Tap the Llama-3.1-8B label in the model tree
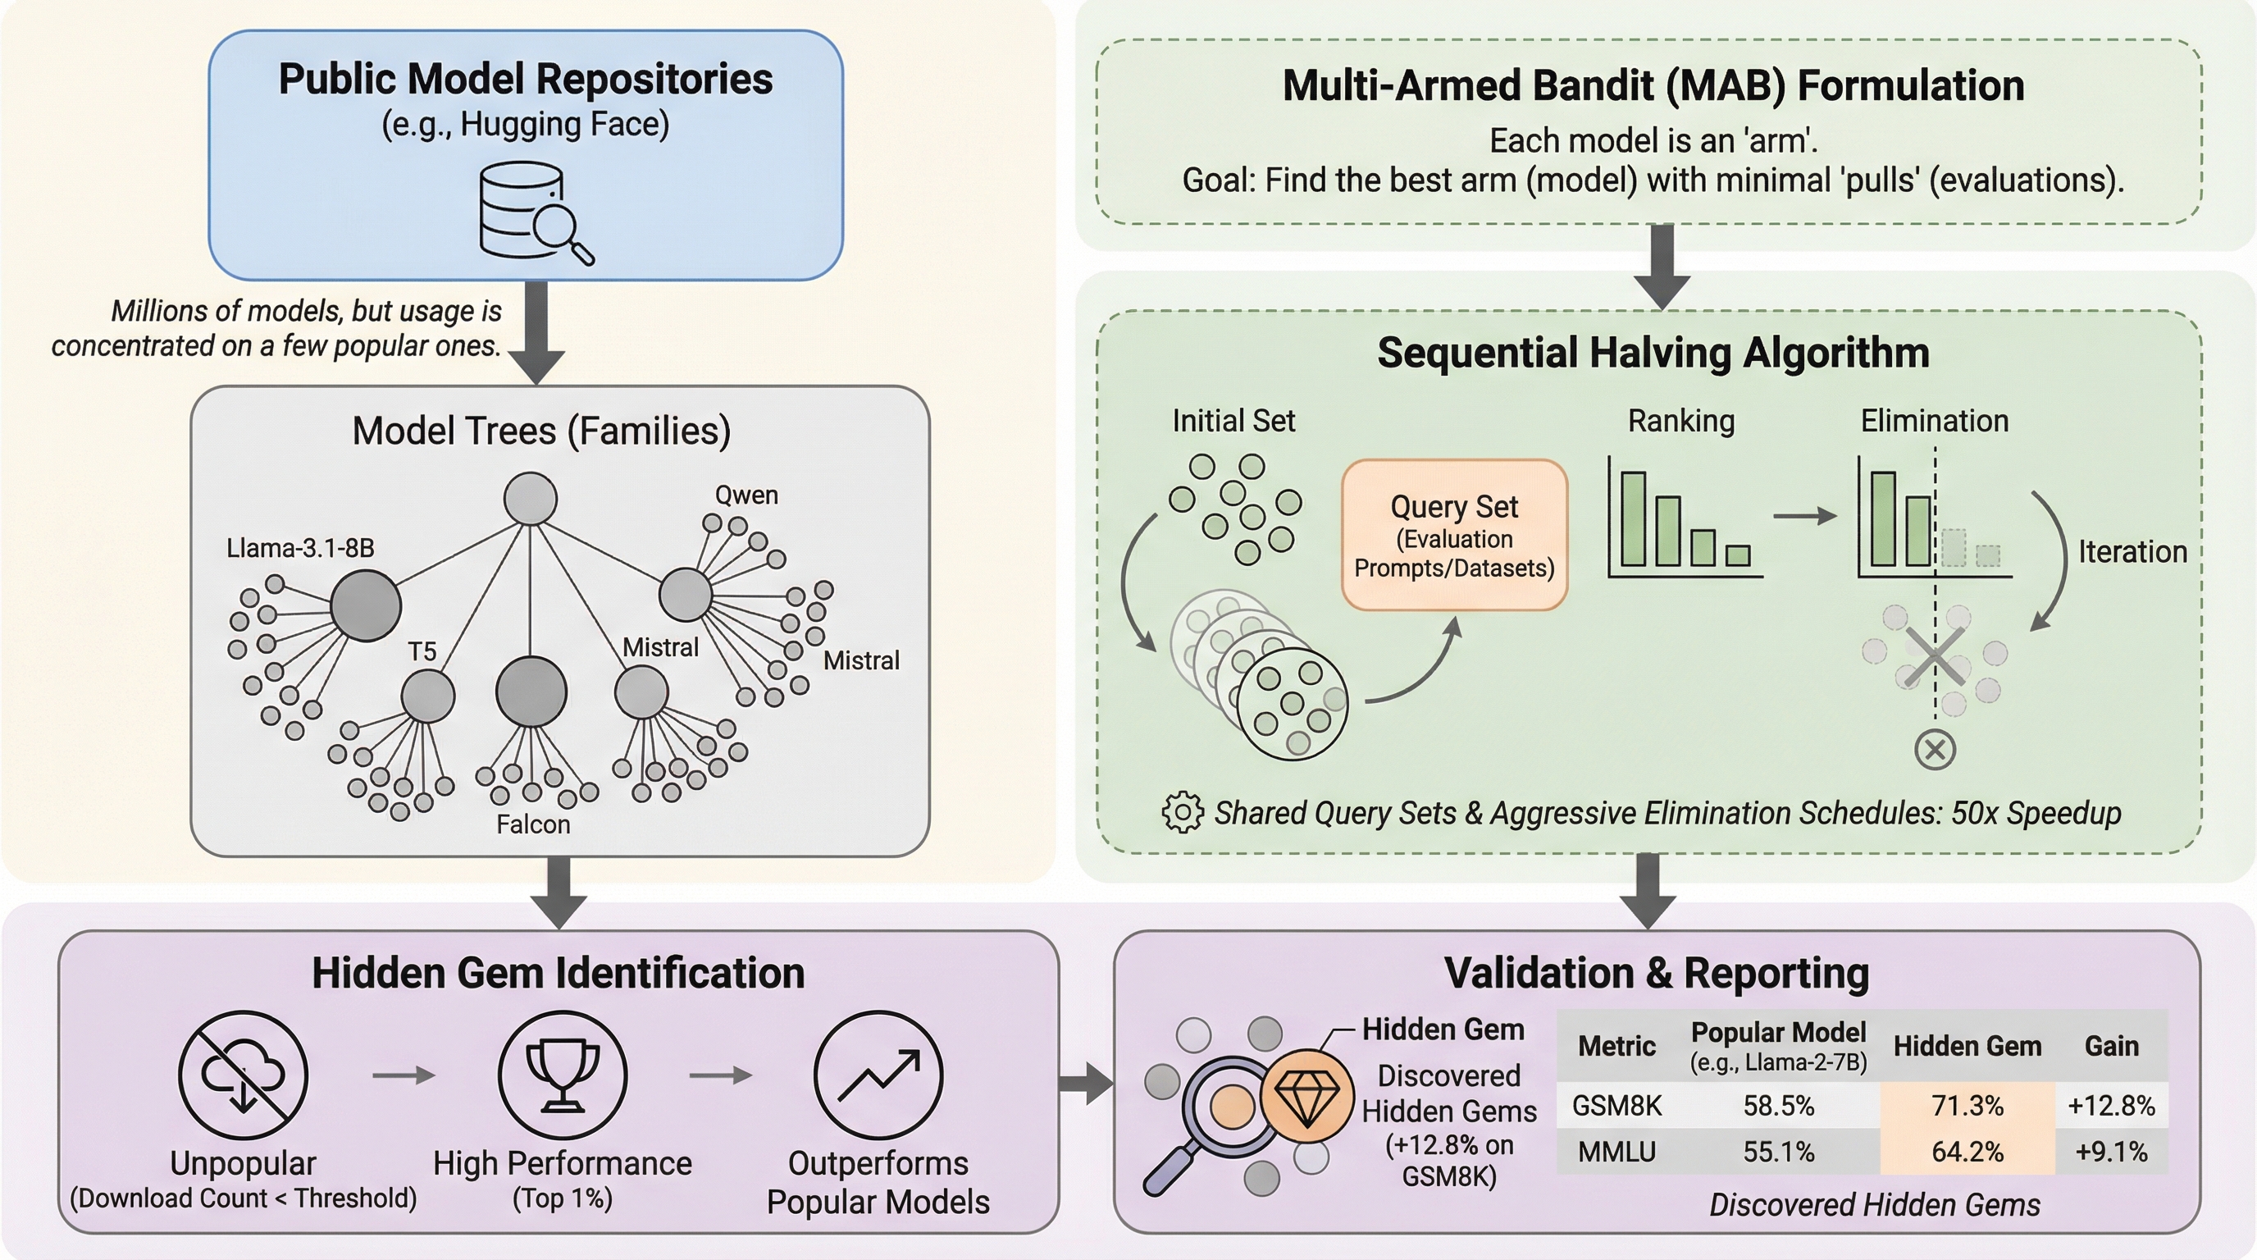[x=299, y=549]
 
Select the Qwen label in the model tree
[x=745, y=495]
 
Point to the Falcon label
[x=533, y=824]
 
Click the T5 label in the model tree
[x=422, y=651]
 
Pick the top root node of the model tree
[x=530, y=499]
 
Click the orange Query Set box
[x=1453, y=535]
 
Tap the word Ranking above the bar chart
[x=1680, y=422]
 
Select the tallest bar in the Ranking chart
[x=1632, y=518]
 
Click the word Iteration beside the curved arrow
[x=2132, y=552]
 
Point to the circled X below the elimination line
[x=1935, y=750]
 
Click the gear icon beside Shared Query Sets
[x=1182, y=812]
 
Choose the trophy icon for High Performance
[x=563, y=1075]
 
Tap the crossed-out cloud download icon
[x=243, y=1075]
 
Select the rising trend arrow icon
[x=878, y=1075]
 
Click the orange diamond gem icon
[x=1306, y=1095]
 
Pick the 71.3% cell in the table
[x=1967, y=1106]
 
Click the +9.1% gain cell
[x=2111, y=1152]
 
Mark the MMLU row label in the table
[x=1616, y=1152]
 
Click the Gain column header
[x=2111, y=1046]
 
